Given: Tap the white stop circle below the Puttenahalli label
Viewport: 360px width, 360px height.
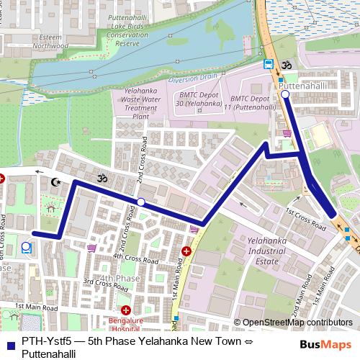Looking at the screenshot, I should click(x=285, y=94).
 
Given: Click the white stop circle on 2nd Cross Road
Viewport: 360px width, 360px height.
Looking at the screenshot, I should click(x=141, y=202).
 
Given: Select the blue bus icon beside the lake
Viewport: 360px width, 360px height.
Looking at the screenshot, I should click(x=268, y=64).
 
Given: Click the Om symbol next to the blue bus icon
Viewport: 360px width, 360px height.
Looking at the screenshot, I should click(x=284, y=64).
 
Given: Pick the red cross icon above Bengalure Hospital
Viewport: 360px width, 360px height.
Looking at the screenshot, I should click(x=125, y=309).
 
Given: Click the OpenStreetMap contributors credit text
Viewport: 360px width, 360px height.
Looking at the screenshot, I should click(x=297, y=323).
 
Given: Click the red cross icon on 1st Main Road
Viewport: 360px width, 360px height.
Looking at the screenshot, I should click(x=186, y=251).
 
